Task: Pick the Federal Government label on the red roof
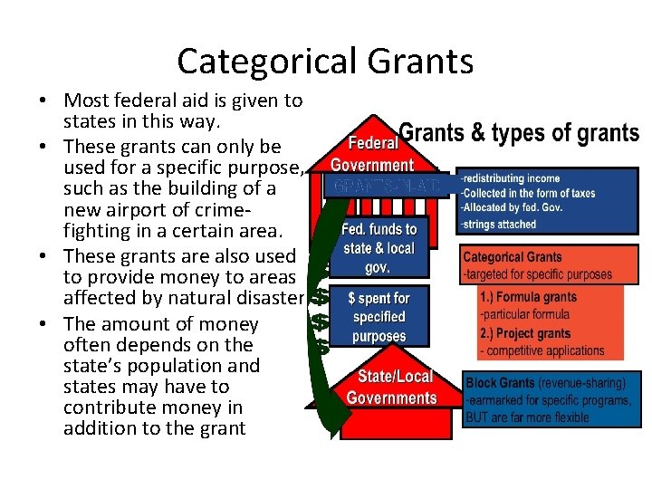(x=372, y=154)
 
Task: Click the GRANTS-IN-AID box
(x=386, y=186)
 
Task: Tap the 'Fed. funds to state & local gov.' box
(x=379, y=248)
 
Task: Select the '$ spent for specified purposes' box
(x=379, y=317)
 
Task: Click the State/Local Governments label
(x=391, y=387)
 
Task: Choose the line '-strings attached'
(x=498, y=224)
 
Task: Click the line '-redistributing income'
(x=509, y=178)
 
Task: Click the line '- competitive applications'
(x=542, y=350)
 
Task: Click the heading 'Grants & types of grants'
(x=519, y=134)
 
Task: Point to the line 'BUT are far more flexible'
(x=526, y=417)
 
